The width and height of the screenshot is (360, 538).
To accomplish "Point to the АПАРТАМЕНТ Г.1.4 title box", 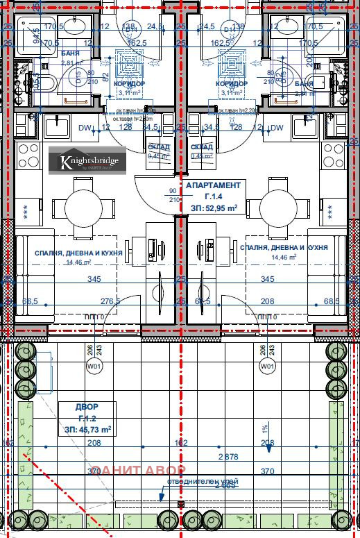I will coord(213,196).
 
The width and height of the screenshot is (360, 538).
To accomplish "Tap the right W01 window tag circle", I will coord(266,366).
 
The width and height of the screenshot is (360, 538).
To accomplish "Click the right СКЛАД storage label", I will coord(202,151).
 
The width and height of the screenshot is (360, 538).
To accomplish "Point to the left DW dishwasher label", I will coord(85,128).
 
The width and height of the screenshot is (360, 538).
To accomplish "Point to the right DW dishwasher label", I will coord(277,128).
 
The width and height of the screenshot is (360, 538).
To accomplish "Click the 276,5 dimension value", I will coord(110,301).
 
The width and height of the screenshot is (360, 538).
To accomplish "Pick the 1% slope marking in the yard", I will coord(264,428).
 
